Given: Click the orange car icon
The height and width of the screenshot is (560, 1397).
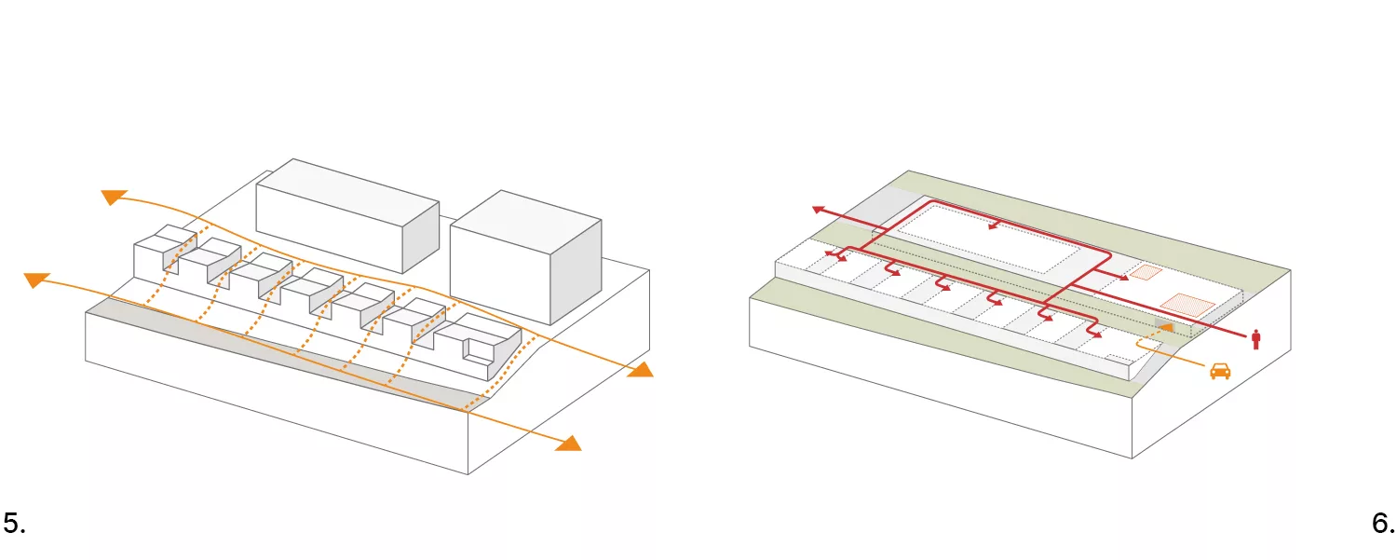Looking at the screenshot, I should point(1219,371).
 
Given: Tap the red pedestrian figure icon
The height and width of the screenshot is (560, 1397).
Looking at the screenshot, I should point(1255,339).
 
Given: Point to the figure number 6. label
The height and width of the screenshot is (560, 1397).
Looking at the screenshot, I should point(1383,524).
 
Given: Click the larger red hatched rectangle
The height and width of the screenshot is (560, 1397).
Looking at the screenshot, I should point(1188,304).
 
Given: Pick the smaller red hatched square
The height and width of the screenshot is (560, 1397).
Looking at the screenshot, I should point(1146,273).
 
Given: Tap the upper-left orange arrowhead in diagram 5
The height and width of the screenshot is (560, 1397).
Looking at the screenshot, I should point(114,196).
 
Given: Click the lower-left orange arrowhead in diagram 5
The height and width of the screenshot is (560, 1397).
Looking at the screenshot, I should point(35,279).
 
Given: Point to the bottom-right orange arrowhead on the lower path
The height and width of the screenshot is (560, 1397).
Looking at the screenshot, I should point(567,443).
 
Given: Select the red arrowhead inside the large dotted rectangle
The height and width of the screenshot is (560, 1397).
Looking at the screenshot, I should point(994,226).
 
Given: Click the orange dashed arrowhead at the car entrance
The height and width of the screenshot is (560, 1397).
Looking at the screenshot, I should point(1166,328).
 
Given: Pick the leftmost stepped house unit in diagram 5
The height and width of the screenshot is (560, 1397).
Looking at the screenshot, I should point(155,252).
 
